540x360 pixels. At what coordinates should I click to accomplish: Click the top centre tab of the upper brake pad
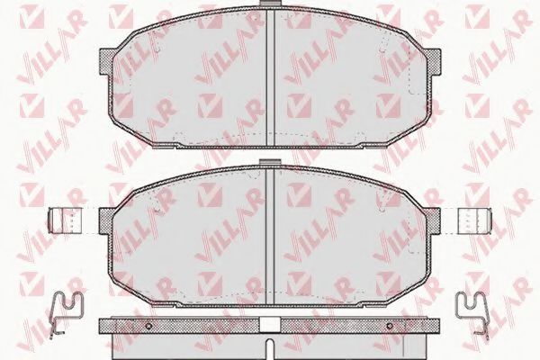pos(270,3)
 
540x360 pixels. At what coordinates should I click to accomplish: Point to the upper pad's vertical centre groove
pos(270,76)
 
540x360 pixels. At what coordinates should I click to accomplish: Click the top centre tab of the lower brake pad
pos(270,162)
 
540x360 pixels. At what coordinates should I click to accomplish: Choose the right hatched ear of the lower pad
pos(432,220)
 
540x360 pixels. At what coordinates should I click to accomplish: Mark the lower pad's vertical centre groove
pos(270,236)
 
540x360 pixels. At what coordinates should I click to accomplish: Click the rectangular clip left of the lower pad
pos(66,220)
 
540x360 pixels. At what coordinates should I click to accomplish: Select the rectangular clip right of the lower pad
pos(474,220)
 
